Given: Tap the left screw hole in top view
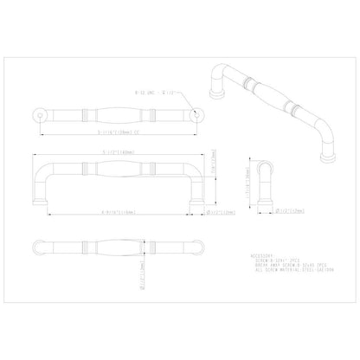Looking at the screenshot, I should click(37, 114).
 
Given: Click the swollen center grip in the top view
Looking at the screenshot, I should click(118, 114).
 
